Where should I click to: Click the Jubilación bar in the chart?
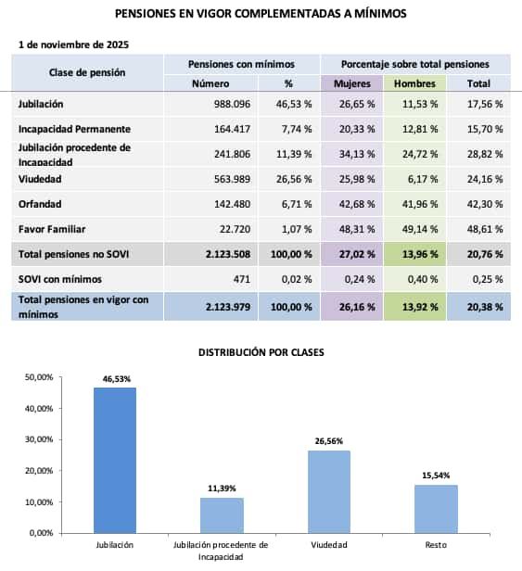point(115,460)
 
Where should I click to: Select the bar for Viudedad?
point(328,491)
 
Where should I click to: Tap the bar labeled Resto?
point(435,508)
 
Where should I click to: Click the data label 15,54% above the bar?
point(435,476)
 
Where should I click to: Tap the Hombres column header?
point(414,83)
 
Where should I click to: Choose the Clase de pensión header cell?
point(87,72)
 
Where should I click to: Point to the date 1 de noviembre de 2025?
point(73,44)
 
